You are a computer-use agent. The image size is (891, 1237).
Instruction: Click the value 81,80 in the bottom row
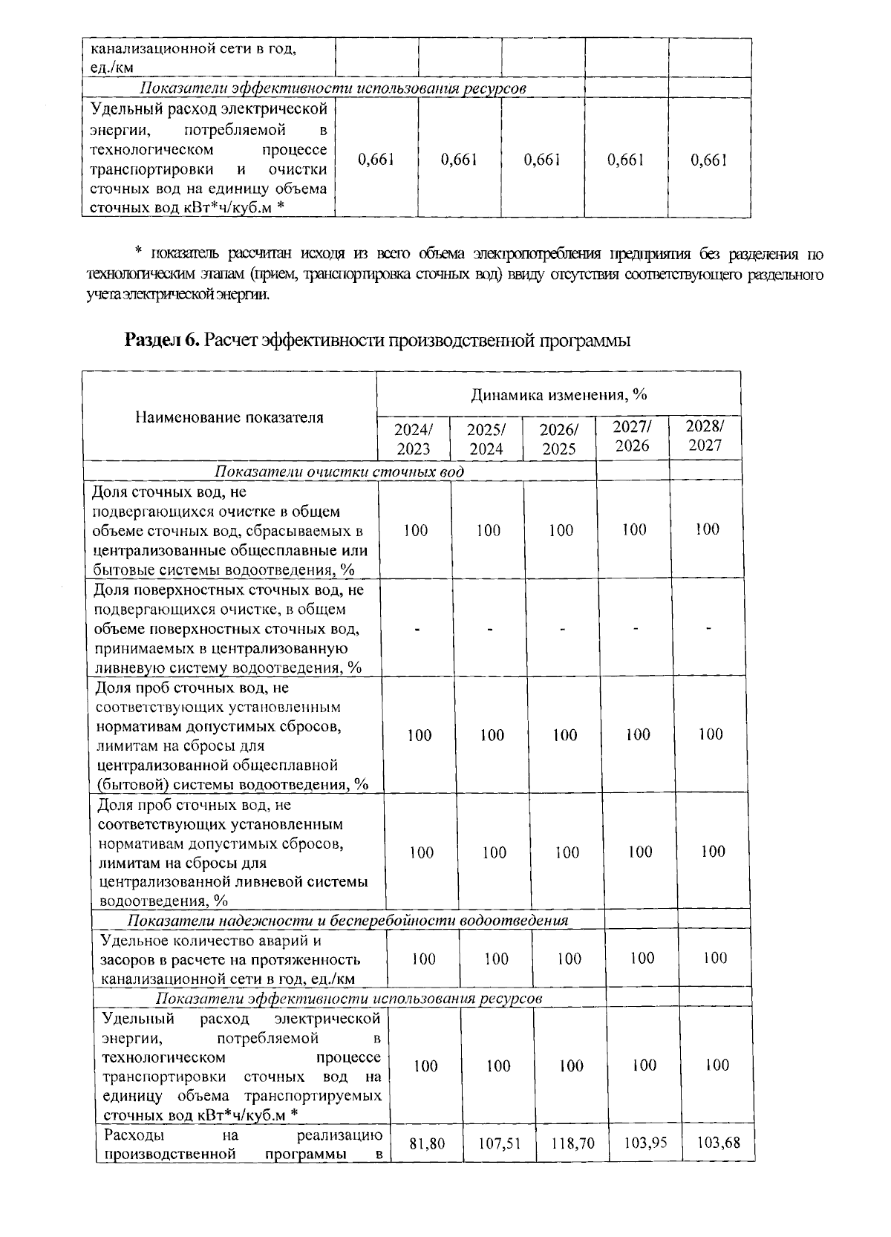click(x=427, y=1144)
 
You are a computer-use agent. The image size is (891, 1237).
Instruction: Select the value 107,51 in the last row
click(x=499, y=1144)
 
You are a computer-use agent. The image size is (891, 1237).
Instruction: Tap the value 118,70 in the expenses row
click(x=572, y=1144)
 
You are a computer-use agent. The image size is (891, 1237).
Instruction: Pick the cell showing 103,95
click(x=644, y=1143)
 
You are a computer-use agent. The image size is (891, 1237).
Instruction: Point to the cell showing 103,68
click(x=718, y=1143)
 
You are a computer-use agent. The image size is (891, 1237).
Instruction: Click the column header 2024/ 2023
click(x=413, y=439)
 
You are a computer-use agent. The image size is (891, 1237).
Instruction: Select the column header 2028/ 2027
click(x=704, y=435)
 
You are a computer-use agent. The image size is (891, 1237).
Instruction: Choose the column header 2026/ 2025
click(x=558, y=439)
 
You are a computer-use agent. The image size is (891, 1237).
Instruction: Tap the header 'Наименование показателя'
click(x=229, y=417)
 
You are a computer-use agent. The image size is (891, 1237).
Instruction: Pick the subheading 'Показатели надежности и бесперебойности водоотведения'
click(x=347, y=921)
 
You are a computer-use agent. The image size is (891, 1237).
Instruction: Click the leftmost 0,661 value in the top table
click(x=376, y=160)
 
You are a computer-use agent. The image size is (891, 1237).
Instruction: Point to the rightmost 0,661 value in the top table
click(x=708, y=160)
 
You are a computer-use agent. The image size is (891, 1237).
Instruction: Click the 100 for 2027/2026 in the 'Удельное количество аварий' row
click(x=642, y=958)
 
